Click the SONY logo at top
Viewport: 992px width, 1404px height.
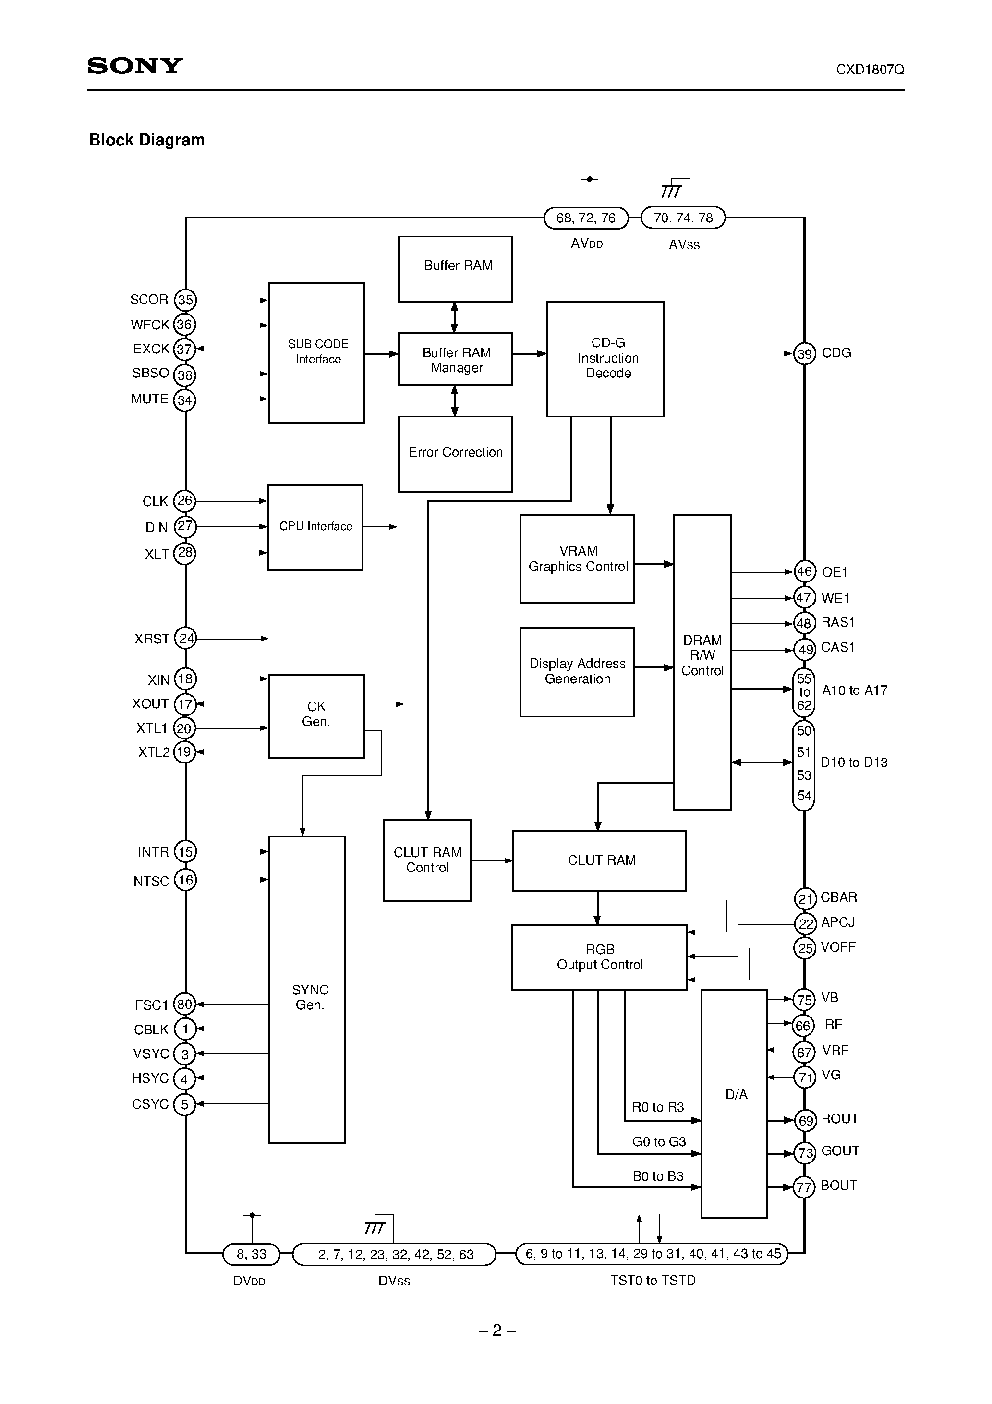pos(135,65)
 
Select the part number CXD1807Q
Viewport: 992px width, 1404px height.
pos(870,70)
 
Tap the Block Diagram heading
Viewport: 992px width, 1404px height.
pos(147,140)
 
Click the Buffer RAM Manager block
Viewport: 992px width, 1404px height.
pos(456,360)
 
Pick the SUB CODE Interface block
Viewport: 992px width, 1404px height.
pos(316,352)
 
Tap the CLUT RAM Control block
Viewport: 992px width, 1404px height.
pos(427,860)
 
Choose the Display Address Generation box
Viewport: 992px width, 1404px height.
pos(577,671)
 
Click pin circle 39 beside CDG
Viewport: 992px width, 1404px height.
pos(804,354)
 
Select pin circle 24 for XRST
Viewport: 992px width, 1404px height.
pos(185,639)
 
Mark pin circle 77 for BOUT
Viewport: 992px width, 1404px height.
pos(804,1187)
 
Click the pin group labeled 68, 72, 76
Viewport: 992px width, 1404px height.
pos(586,218)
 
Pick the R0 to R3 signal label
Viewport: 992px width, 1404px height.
pos(657,1107)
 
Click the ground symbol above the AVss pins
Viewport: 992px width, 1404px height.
pos(670,192)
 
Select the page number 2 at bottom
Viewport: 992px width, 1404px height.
pos(496,1331)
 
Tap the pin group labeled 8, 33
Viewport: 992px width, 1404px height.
pos(252,1254)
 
